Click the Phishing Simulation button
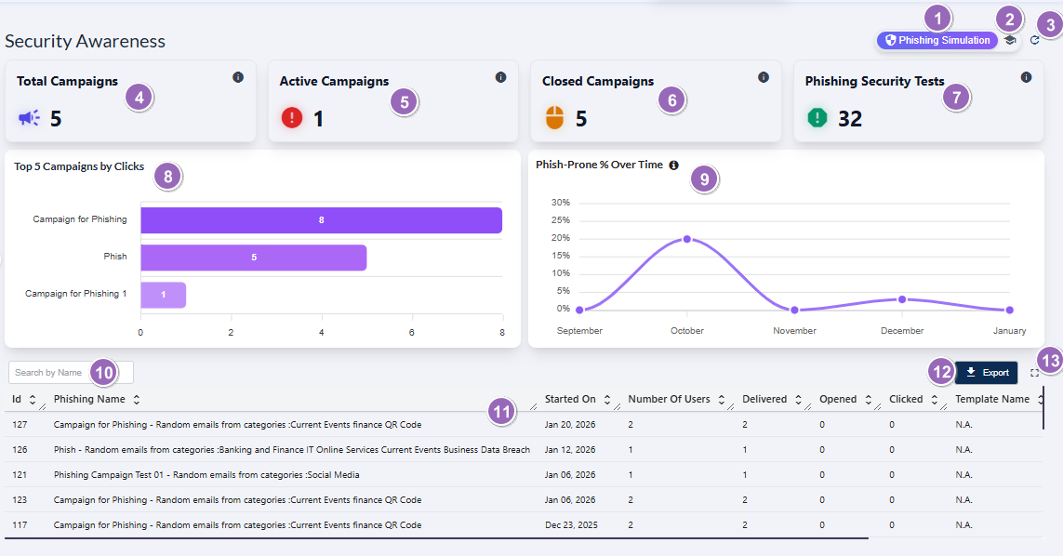pyautogui.click(x=937, y=41)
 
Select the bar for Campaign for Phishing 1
pyautogui.click(x=163, y=295)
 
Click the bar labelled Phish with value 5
pyautogui.click(x=253, y=258)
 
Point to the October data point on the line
pyautogui.click(x=687, y=239)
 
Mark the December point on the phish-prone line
pyautogui.click(x=901, y=299)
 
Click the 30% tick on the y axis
pyautogui.click(x=561, y=203)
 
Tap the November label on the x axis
pyautogui.click(x=794, y=331)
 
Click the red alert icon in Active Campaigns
pyautogui.click(x=292, y=118)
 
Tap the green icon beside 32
pyautogui.click(x=817, y=118)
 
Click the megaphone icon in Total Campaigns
pyautogui.click(x=29, y=118)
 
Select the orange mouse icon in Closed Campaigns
pyautogui.click(x=554, y=118)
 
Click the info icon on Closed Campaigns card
pyautogui.click(x=764, y=77)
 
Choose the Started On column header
pyautogui.click(x=570, y=399)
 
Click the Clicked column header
pyautogui.click(x=906, y=399)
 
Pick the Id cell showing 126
pyautogui.click(x=20, y=450)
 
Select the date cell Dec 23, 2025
pyautogui.click(x=571, y=525)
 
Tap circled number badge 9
pyautogui.click(x=704, y=179)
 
